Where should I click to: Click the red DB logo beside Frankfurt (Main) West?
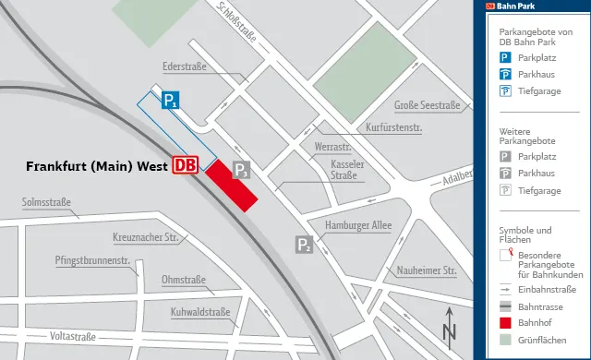(x=186, y=165)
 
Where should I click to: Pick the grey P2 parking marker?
(x=304, y=245)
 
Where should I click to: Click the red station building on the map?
(x=230, y=186)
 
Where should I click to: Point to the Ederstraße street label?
(x=183, y=67)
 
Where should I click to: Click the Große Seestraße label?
(x=427, y=106)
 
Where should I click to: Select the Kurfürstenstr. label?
(x=394, y=127)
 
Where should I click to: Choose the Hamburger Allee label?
(x=358, y=224)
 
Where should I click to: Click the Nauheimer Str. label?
(x=428, y=270)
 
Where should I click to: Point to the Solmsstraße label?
(x=47, y=202)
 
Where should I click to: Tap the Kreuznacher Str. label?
(x=145, y=238)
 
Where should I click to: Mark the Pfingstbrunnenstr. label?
(x=90, y=260)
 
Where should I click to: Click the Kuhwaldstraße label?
(x=200, y=312)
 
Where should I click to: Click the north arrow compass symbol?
(x=449, y=324)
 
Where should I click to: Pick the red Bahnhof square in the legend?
(x=505, y=322)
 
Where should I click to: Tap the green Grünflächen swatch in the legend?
(x=505, y=339)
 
